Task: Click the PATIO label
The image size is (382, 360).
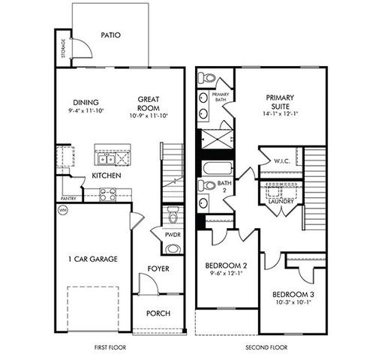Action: (x=110, y=34)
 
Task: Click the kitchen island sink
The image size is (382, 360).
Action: (x=110, y=157)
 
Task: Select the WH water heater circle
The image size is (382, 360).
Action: (x=62, y=211)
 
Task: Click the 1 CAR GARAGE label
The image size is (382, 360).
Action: (x=91, y=259)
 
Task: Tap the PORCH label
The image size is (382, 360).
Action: (x=158, y=313)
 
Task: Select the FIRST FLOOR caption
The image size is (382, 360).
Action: (x=110, y=348)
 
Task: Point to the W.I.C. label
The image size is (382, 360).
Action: (x=282, y=160)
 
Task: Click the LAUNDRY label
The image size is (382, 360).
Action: (x=281, y=201)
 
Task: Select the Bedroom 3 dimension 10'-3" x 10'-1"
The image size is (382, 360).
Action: (x=293, y=304)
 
